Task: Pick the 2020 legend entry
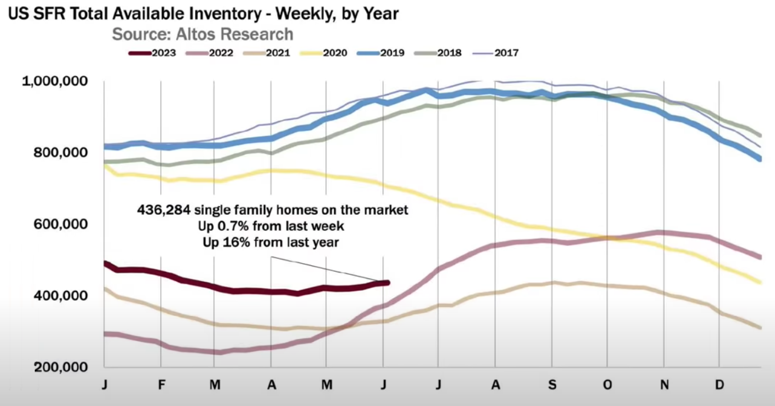334,53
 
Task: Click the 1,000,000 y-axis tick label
54,81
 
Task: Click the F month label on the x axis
161,385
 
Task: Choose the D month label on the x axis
718,385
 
